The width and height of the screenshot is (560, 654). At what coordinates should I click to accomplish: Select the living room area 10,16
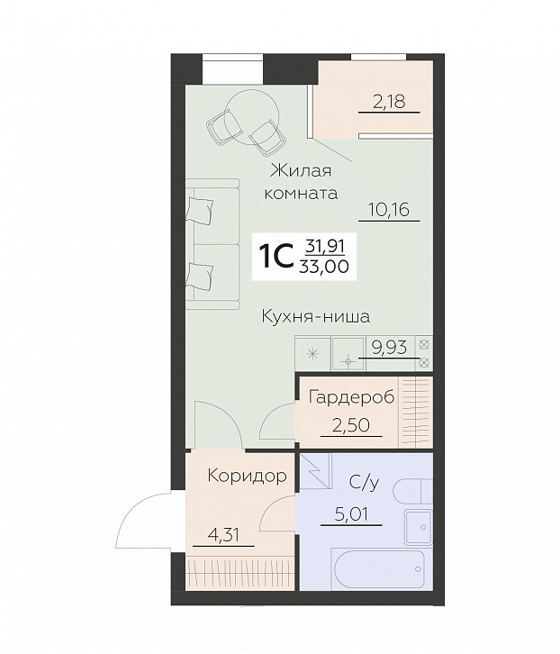[x=388, y=210]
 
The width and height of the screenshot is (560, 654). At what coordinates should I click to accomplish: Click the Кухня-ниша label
[x=317, y=316]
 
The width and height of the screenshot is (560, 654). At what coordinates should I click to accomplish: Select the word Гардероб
[x=351, y=397]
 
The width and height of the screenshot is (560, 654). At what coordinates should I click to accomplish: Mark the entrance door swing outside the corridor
[x=144, y=517]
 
